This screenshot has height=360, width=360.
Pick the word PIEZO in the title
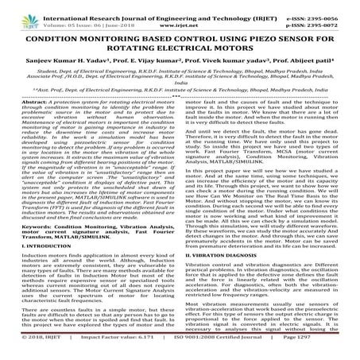(252, 37)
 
